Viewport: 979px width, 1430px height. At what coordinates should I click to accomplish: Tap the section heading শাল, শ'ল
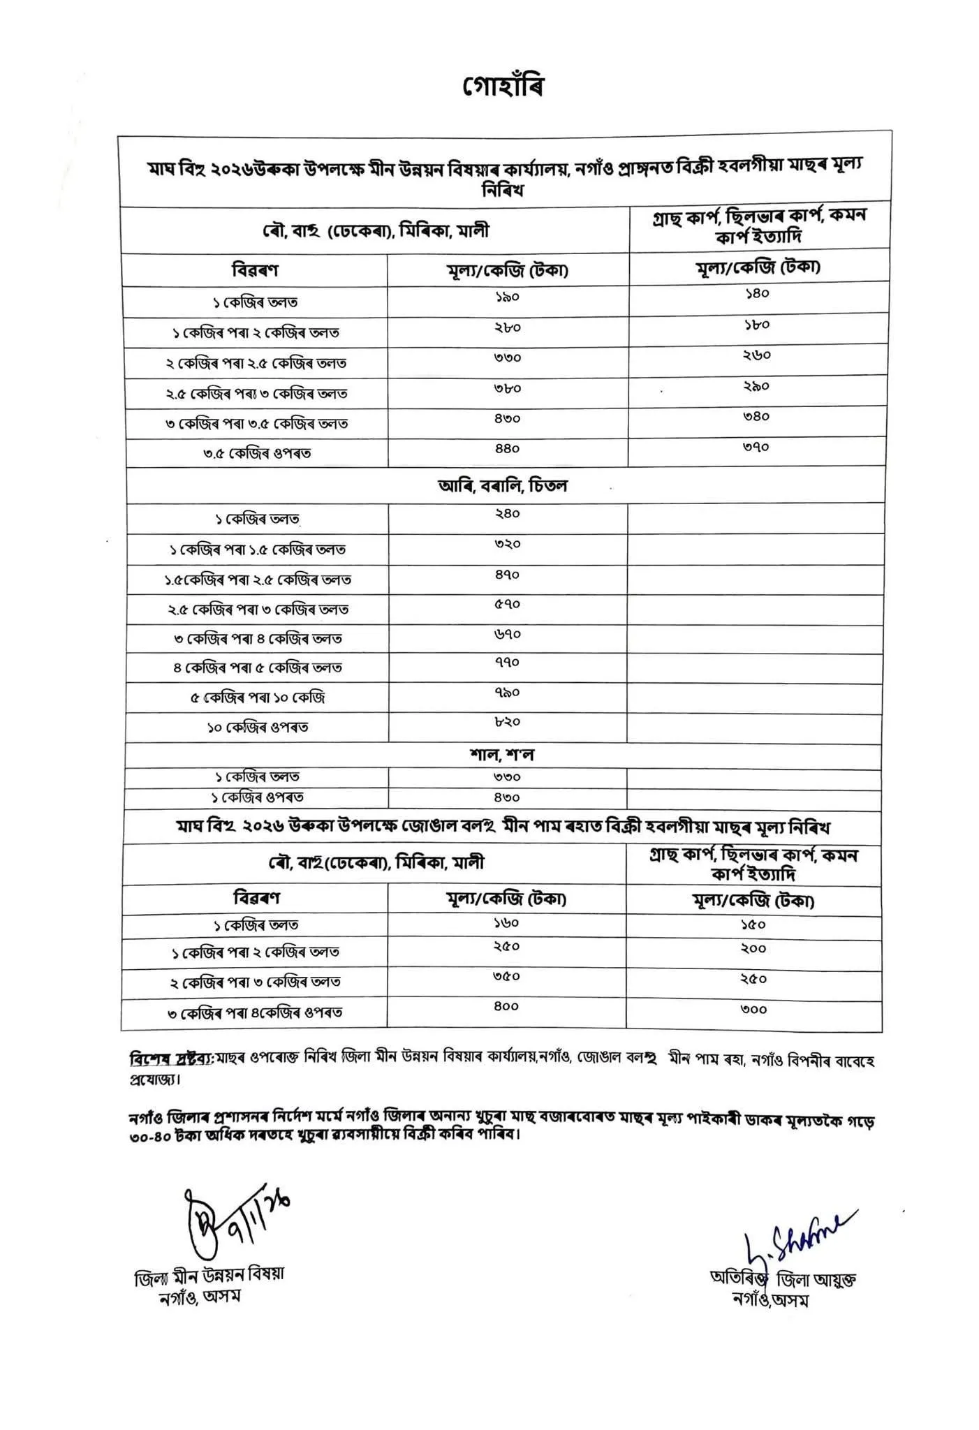coord(503,755)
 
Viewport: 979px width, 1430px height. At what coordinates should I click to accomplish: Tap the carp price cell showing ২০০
coord(753,949)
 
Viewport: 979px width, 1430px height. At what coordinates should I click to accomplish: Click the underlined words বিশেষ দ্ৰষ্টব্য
coord(170,1059)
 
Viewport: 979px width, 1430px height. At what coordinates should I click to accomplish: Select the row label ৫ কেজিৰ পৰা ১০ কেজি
coord(258,698)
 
